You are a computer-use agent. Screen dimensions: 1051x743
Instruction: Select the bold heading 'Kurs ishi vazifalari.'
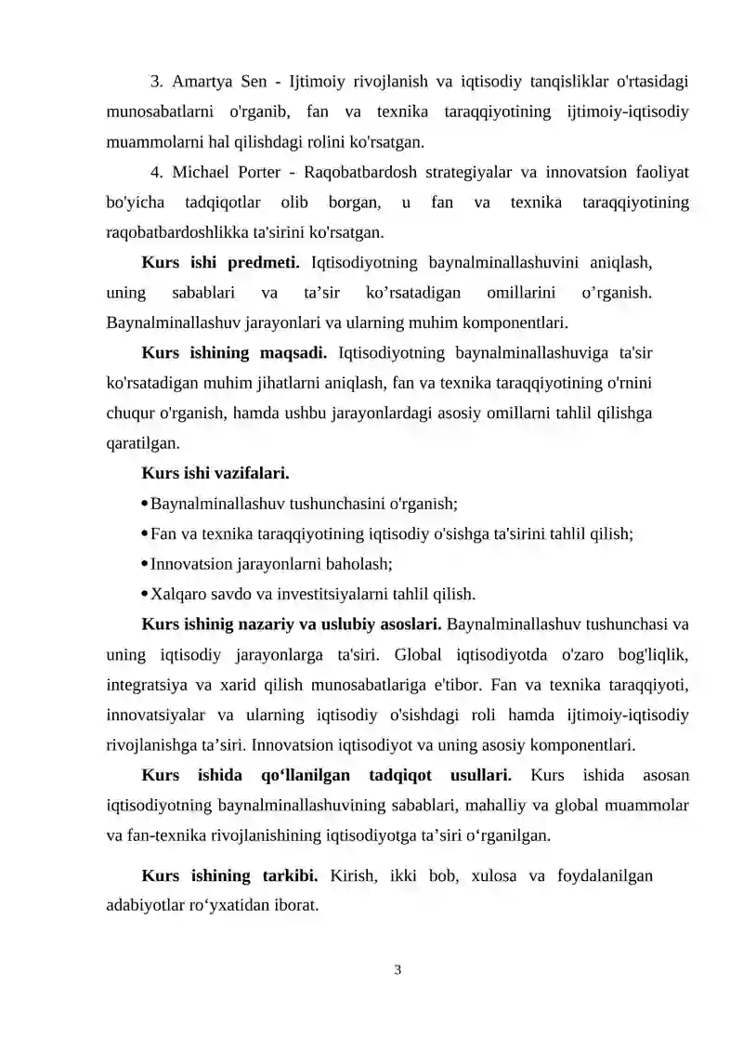pos(215,474)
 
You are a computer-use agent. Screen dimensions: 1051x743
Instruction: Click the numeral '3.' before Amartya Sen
pos(157,83)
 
